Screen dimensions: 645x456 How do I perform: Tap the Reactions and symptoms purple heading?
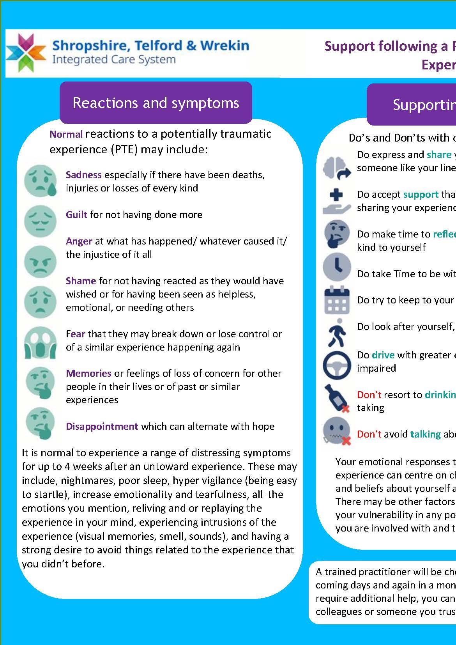[156, 103]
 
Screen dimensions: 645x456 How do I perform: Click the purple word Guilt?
[76, 214]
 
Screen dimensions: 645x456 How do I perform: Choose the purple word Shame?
[81, 281]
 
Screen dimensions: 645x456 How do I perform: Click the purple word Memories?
[88, 373]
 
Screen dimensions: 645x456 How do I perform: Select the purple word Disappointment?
[102, 426]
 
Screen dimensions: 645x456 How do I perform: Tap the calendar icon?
[337, 300]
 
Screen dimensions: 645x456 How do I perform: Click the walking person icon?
[336, 332]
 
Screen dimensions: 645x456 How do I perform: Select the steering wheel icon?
[337, 365]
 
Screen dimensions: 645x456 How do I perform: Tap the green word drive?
[383, 355]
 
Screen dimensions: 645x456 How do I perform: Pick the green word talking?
[425, 434]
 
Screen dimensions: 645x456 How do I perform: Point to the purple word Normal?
[66, 135]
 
